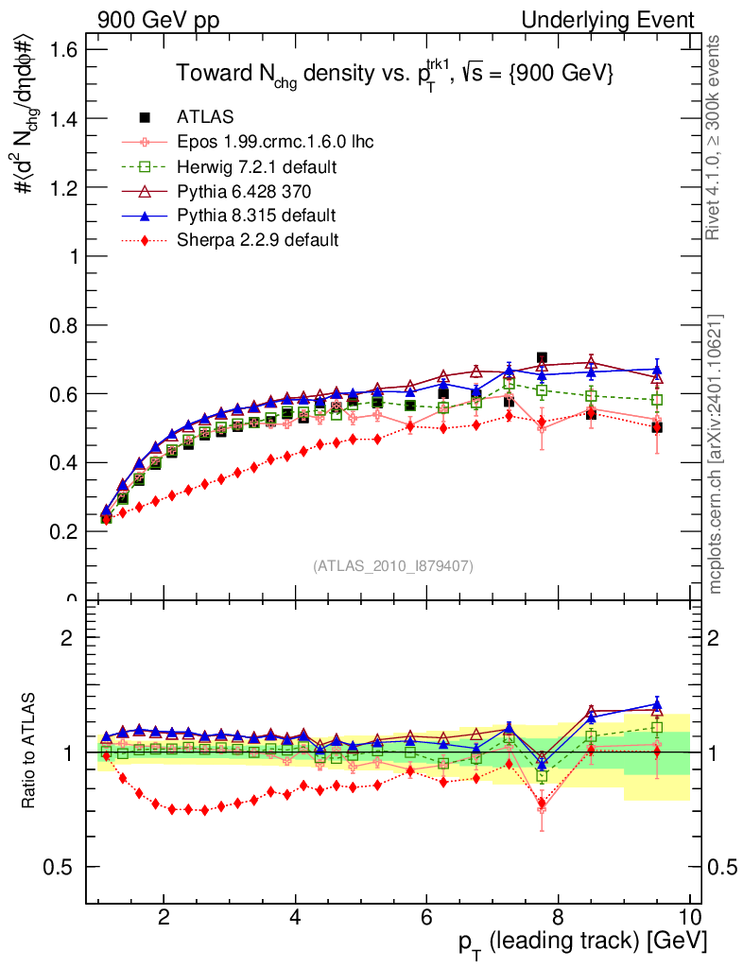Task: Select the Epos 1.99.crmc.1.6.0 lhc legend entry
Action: click(275, 142)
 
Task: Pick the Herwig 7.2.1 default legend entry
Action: click(257, 166)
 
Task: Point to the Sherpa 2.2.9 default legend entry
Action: click(257, 240)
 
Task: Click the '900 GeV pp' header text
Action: click(158, 20)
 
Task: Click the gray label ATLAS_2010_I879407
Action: click(393, 565)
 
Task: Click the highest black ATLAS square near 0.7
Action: click(542, 358)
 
